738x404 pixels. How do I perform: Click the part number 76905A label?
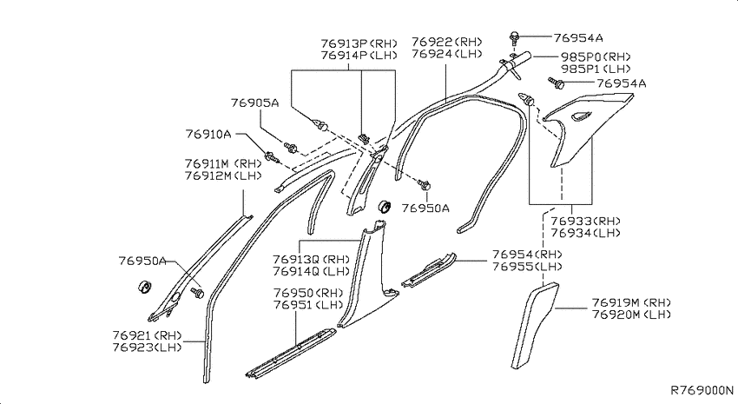coord(254,103)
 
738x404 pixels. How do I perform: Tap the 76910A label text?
coord(208,134)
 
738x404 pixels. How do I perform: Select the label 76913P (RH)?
coord(359,43)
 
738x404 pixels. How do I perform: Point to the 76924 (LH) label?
coord(446,54)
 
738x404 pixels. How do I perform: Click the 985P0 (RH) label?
coord(596,57)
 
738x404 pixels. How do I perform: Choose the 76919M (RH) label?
coord(631,302)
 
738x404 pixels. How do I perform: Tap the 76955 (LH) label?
coord(527,267)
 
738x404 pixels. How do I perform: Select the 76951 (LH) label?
coord(308,305)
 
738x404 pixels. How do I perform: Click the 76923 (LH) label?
coord(147,348)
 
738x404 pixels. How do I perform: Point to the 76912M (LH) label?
coord(223,176)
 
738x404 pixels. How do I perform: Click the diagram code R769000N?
coord(702,390)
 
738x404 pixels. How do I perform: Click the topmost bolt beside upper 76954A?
coord(515,36)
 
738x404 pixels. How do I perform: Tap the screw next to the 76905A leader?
coord(290,148)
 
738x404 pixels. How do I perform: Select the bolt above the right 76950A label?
coord(423,184)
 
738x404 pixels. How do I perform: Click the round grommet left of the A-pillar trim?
coord(144,287)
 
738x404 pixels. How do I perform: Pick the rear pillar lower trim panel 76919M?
coord(534,325)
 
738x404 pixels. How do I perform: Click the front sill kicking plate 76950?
coord(292,352)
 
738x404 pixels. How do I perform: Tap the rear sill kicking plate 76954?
coord(429,269)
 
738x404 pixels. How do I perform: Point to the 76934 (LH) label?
coord(585,233)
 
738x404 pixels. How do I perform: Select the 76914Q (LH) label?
coord(311,271)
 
